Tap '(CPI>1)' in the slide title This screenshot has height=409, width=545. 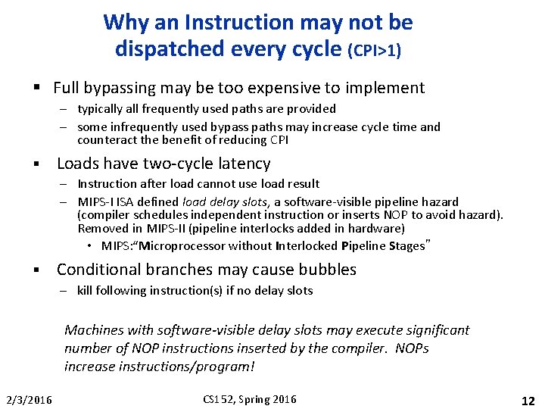pos(374,51)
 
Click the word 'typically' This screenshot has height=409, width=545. pos(98,109)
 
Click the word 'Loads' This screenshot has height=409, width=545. pos(79,164)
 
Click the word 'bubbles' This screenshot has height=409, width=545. pos(328,270)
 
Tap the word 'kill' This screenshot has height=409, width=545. pos(85,291)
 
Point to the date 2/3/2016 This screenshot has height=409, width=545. pos(29,400)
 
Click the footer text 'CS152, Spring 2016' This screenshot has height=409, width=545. pos(250,400)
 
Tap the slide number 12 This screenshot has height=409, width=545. pos(528,400)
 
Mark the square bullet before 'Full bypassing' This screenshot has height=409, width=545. pos(37,89)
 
